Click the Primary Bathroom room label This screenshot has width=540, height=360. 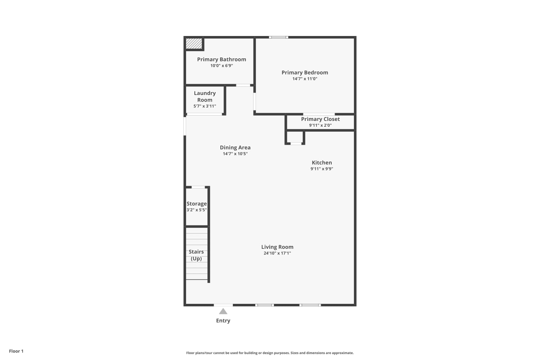tap(221, 59)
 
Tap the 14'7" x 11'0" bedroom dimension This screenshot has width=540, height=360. tap(305, 78)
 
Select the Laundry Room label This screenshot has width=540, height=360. tap(205, 96)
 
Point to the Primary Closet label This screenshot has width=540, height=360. tap(320, 119)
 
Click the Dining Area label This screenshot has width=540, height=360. tap(235, 147)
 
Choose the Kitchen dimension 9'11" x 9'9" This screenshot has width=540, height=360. tap(322, 169)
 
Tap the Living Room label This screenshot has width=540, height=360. tap(277, 247)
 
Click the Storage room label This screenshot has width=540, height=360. tap(197, 204)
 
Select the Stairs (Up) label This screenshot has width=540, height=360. tap(196, 255)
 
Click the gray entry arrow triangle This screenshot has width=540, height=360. tap(223, 311)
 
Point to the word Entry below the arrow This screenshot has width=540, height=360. tap(223, 320)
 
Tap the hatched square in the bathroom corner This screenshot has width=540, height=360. tap(194, 44)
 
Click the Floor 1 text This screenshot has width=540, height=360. tap(16, 351)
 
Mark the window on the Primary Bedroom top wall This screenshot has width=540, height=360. tap(278, 37)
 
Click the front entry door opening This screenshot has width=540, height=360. tap(223, 305)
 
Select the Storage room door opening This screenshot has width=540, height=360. tap(198, 187)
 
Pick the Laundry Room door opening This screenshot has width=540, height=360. tap(204, 114)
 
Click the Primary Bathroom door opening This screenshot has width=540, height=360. tap(243, 85)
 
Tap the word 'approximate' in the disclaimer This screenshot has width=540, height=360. tap(343, 353)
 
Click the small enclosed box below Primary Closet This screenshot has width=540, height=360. tap(295, 138)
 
